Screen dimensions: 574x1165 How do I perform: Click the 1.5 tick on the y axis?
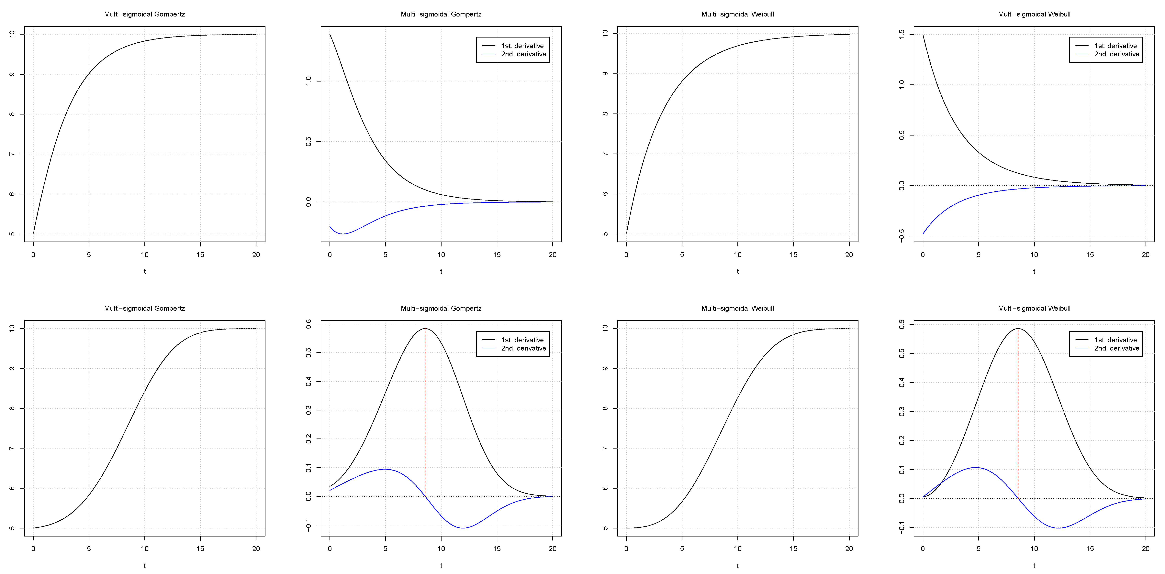[x=901, y=34]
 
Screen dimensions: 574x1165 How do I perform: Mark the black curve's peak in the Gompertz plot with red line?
[x=425, y=329]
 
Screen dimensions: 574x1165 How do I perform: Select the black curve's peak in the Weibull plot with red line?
[x=1018, y=329]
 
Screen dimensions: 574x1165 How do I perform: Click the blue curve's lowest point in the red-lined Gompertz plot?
[x=463, y=528]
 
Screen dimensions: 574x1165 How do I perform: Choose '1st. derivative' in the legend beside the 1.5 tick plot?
[x=1115, y=46]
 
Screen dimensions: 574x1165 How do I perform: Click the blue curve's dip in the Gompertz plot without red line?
[x=343, y=234]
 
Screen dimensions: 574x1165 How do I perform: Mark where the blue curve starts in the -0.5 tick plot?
[x=923, y=234]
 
